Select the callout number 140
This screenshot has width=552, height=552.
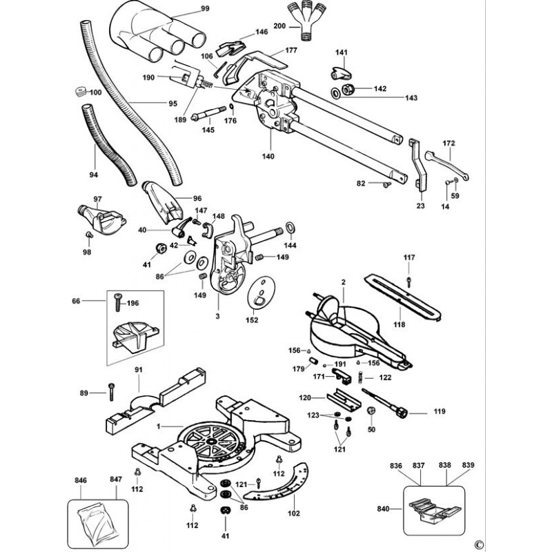pyautogui.click(x=268, y=156)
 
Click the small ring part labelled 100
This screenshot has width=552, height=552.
pyautogui.click(x=79, y=92)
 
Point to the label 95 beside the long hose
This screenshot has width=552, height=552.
pyautogui.click(x=172, y=104)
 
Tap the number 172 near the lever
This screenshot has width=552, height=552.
pyautogui.click(x=448, y=143)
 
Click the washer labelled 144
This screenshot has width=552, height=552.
pyautogui.click(x=290, y=228)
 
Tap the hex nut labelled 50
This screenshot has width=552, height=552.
pyautogui.click(x=371, y=412)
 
